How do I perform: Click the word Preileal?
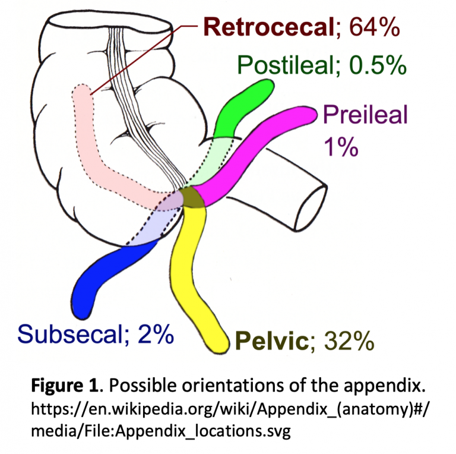tap(365, 114)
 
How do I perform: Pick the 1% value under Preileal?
tap(341, 146)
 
